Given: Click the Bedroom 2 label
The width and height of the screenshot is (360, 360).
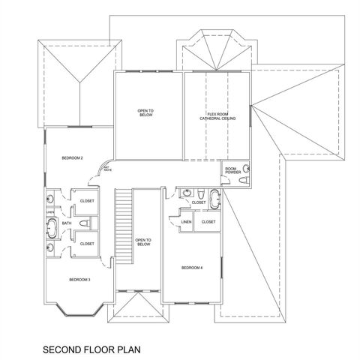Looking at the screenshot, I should click(72, 157).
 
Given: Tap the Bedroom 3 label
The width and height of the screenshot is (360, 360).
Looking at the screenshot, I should click(79, 280).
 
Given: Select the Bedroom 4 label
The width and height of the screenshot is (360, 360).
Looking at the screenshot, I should click(192, 268).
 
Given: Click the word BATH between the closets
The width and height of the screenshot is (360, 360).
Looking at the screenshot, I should click(67, 223).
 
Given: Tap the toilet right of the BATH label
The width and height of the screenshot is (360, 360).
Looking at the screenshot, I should click(85, 223).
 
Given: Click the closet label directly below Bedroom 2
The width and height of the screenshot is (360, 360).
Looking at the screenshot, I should click(87, 202).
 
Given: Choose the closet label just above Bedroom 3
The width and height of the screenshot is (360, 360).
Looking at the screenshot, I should click(87, 244).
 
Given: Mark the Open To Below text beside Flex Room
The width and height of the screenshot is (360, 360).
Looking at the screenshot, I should click(145, 113).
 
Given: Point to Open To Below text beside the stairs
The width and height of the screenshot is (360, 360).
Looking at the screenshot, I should click(143, 243).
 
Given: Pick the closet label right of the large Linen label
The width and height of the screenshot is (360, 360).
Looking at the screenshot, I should click(208, 222).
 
